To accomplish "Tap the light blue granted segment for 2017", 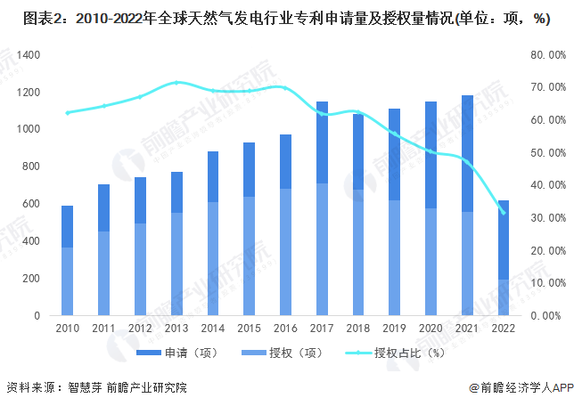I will (x=322, y=249).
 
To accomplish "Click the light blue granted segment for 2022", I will (x=504, y=297).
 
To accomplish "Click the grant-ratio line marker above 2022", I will (x=504, y=213).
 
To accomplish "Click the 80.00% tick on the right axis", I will (x=544, y=55).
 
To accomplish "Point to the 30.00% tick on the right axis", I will (x=544, y=218).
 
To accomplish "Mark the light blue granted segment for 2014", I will (x=212, y=258).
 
